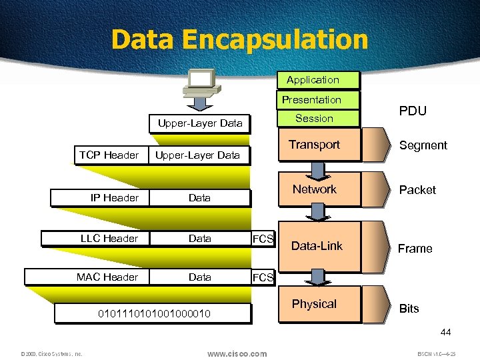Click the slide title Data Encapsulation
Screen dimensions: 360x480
tap(239, 39)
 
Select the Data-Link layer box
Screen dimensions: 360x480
tap(319, 246)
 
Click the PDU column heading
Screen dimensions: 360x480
tap(413, 111)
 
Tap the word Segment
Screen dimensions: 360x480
tap(423, 145)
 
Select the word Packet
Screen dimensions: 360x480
tap(417, 190)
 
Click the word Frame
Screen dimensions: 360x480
tap(415, 249)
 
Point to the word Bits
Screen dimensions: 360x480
tap(409, 309)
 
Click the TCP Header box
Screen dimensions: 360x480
tap(109, 155)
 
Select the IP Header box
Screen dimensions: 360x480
tap(115, 198)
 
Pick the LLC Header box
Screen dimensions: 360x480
tap(109, 238)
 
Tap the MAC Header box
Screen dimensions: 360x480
tap(107, 277)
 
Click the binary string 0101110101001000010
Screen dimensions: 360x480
tap(154, 313)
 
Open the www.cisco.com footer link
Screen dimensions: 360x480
tap(237, 354)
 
